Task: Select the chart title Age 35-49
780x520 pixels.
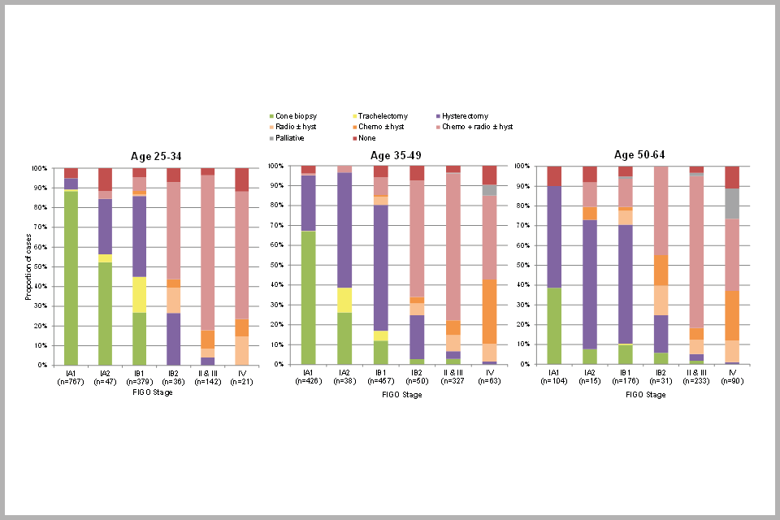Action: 396,154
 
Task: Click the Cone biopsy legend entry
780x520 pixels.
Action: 297,116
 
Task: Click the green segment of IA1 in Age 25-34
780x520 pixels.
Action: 71,277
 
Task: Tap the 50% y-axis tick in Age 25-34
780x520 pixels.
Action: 40,266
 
